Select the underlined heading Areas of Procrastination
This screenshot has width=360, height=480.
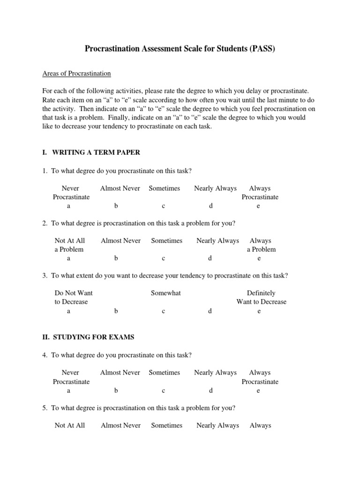(76, 74)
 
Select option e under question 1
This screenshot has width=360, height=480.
(258, 206)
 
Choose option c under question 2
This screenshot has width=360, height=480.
(164, 258)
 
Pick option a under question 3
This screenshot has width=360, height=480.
(69, 311)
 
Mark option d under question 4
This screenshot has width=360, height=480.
(211, 390)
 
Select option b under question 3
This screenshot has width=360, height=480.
(116, 311)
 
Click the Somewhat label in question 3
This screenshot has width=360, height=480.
(165, 293)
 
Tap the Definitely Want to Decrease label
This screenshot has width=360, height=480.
(261, 297)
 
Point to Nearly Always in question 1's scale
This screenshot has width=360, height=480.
(215, 188)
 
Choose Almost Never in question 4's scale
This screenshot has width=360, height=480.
(120, 372)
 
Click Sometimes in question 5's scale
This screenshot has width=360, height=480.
(166, 425)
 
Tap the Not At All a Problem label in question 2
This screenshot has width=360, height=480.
(69, 245)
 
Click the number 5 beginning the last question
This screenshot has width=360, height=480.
(44, 408)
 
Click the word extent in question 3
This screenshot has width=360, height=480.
(89, 276)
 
